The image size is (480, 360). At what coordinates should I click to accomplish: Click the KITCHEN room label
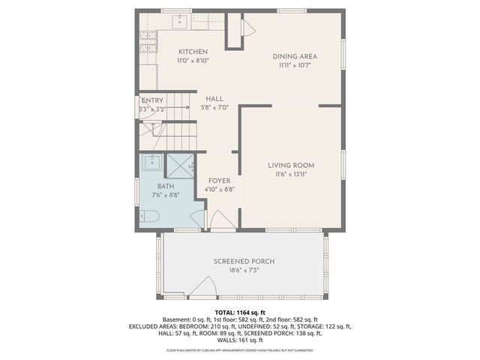click(193, 52)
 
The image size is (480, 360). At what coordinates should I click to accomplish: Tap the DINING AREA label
click(293, 56)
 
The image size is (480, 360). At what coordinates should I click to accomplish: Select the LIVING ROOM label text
click(291, 165)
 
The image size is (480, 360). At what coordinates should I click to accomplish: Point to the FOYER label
click(219, 181)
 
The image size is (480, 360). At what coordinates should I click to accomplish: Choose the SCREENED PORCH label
click(244, 261)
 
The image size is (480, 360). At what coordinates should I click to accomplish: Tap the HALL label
click(215, 98)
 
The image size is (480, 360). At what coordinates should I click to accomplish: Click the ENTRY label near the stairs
click(152, 100)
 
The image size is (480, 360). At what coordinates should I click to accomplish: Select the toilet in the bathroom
click(148, 217)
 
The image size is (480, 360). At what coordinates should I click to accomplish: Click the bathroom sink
click(152, 162)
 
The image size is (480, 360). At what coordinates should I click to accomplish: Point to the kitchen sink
click(181, 19)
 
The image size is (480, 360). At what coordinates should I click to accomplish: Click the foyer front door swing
click(223, 220)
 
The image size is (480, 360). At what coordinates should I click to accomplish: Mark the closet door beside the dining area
click(247, 31)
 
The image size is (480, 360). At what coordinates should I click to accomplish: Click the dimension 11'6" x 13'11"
click(291, 174)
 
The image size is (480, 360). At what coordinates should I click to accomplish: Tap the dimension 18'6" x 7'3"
click(244, 270)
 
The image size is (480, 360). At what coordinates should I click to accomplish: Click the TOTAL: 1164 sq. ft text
click(240, 312)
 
